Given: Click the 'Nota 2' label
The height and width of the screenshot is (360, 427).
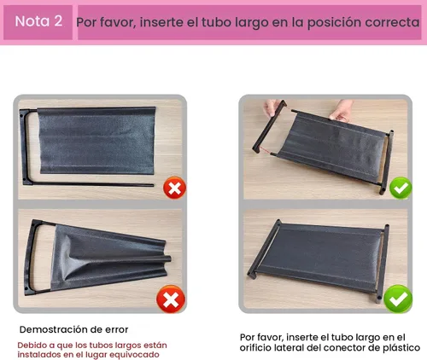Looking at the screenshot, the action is (x=38, y=21).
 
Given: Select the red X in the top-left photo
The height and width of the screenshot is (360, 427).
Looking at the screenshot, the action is (x=174, y=188).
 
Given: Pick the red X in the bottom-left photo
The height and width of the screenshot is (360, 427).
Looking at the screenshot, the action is (x=171, y=299).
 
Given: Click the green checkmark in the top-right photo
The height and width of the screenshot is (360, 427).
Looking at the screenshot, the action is (x=401, y=188).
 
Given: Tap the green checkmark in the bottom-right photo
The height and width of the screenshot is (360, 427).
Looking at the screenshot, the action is (x=398, y=299).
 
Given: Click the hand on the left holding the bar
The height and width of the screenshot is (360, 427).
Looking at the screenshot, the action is (x=272, y=108).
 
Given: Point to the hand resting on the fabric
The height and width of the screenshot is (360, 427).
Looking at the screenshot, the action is (x=341, y=111).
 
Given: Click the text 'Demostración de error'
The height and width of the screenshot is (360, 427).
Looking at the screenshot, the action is (x=73, y=329).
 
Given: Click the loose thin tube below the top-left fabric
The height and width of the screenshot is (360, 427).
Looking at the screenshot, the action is (x=91, y=184).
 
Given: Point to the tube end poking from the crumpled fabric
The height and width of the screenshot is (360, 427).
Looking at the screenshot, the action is (x=168, y=259).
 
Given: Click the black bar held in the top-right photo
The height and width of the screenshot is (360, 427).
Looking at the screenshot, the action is (x=269, y=126).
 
